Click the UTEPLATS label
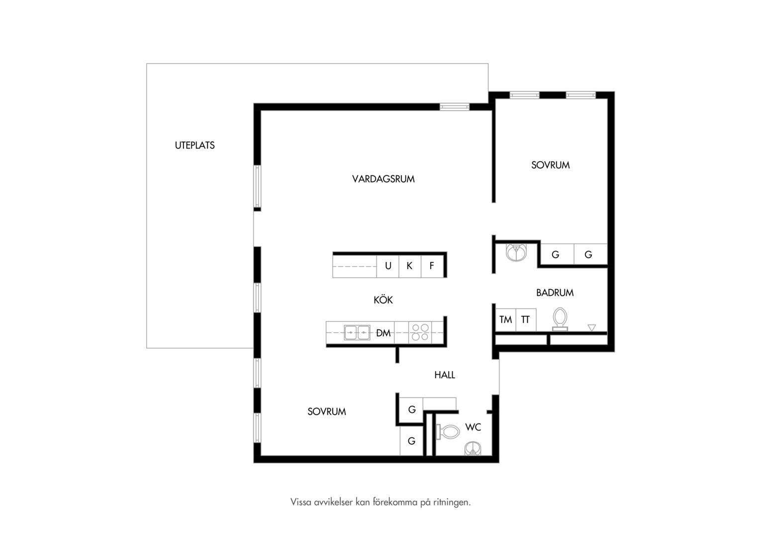[195, 145]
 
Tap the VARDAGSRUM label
[383, 179]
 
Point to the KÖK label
[383, 300]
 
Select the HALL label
[445, 375]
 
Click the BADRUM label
[555, 292]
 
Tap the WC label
[474, 427]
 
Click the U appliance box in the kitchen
[388, 266]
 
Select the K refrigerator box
[410, 266]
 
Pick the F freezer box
[432, 266]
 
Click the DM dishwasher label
[383, 333]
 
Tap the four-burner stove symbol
[420, 332]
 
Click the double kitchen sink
[357, 333]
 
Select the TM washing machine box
[505, 320]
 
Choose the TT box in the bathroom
[526, 320]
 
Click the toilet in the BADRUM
[560, 319]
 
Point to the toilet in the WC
[448, 432]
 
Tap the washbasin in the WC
[473, 449]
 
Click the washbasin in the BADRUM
[516, 252]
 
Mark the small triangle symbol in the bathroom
[592, 328]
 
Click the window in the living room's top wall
[455, 107]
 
